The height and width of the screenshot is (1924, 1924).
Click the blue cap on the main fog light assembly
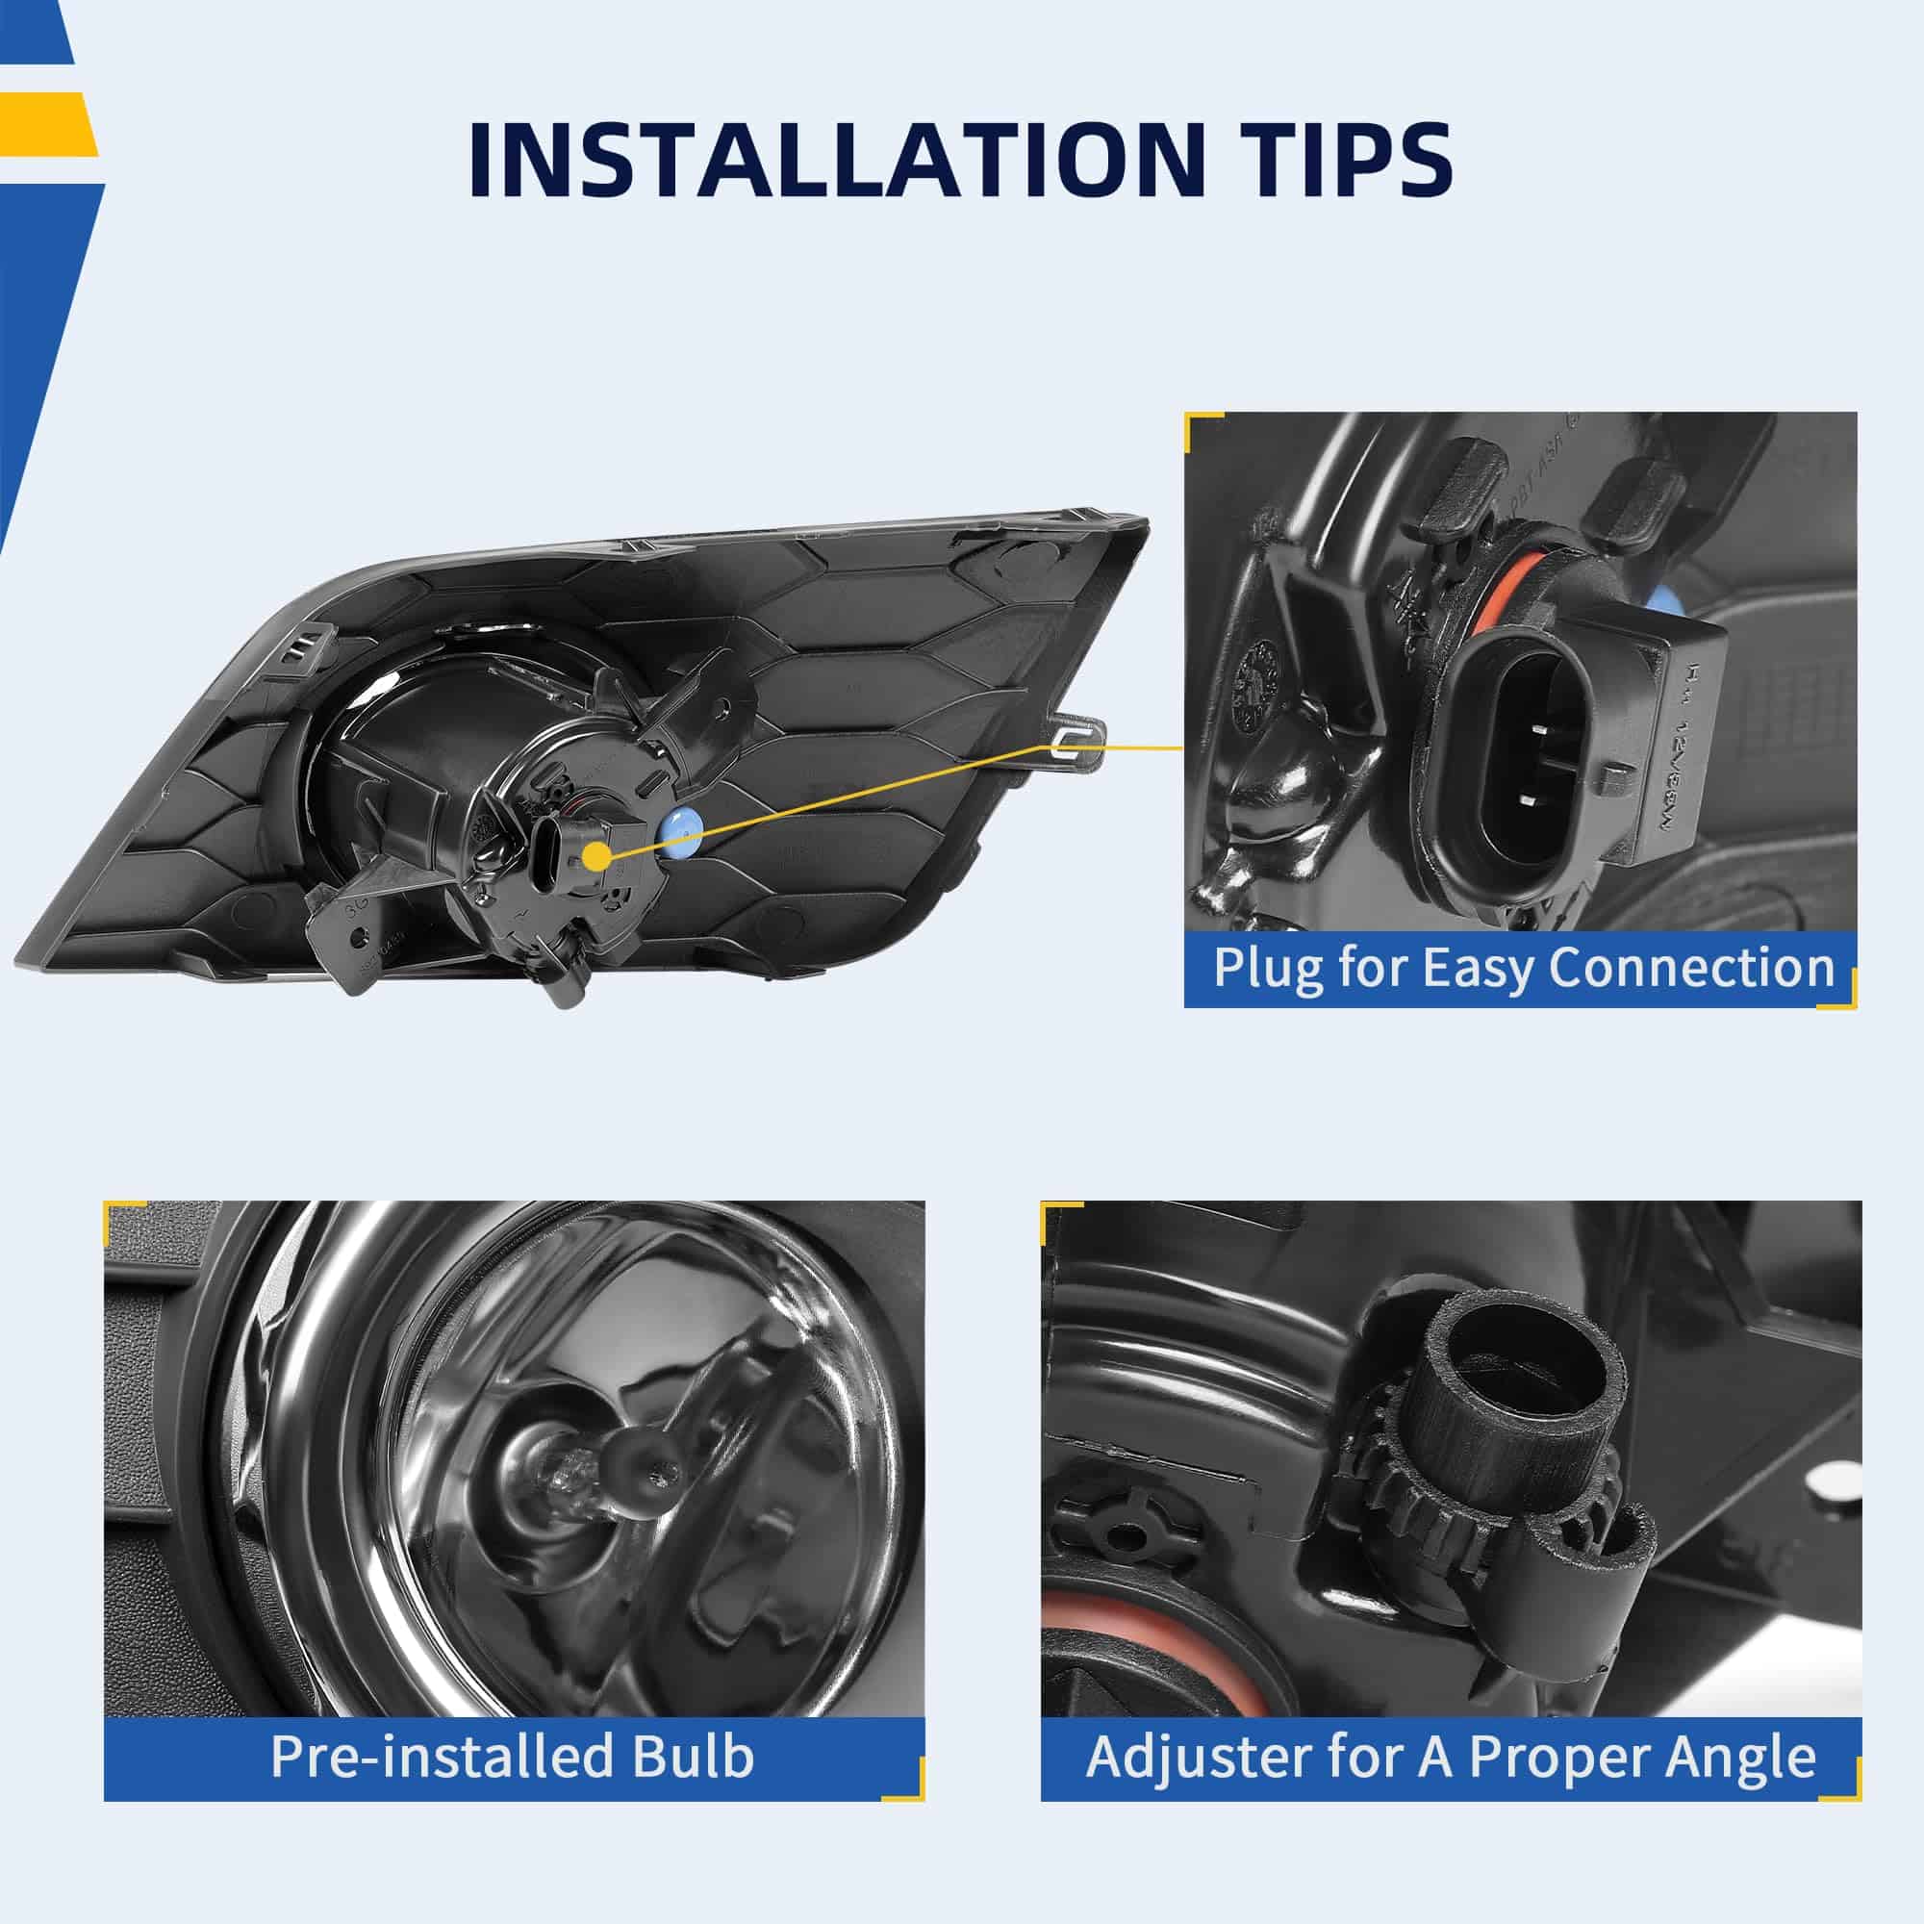click(680, 833)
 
